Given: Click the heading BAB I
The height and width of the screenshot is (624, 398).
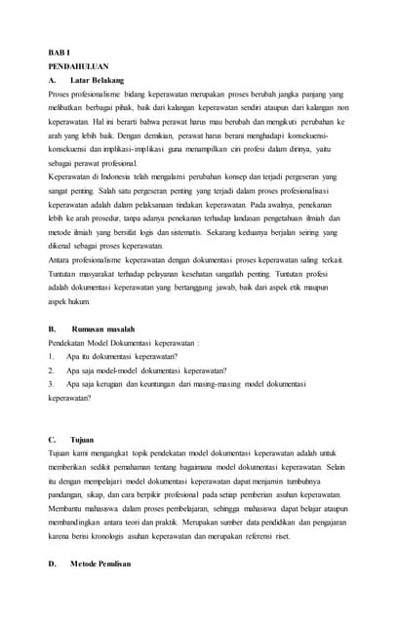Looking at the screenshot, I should pos(57,51).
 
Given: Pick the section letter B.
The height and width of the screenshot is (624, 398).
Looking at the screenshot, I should pos(52,329).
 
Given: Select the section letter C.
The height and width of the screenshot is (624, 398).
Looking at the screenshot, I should pos(52,439).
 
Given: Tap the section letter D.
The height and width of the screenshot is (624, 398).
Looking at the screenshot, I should pos(52,564).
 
